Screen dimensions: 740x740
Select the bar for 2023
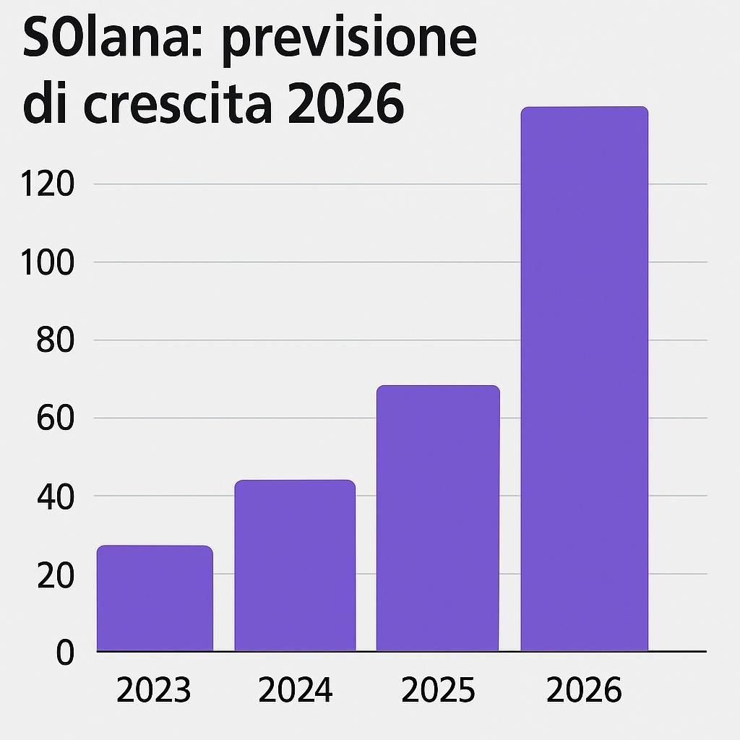point(155,598)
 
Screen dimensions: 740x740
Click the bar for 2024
point(295,565)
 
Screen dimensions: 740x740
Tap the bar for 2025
point(438,518)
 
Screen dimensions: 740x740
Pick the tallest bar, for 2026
point(584,379)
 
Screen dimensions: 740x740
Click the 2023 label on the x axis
point(153,691)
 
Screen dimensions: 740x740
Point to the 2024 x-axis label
point(295,691)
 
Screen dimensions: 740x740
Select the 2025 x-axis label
point(438,691)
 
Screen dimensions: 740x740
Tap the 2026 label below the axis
point(584,691)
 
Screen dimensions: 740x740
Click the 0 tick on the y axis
point(65,653)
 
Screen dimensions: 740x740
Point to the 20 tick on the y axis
point(56,575)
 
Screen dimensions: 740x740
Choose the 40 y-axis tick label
point(56,497)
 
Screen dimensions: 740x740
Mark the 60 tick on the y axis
point(56,419)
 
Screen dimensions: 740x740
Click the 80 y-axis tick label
point(56,341)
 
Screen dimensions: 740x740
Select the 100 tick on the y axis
point(47,263)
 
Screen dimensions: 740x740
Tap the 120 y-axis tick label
point(47,185)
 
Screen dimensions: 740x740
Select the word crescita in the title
point(178,105)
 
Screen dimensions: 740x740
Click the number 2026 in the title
point(345,105)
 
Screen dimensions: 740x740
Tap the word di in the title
point(47,105)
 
